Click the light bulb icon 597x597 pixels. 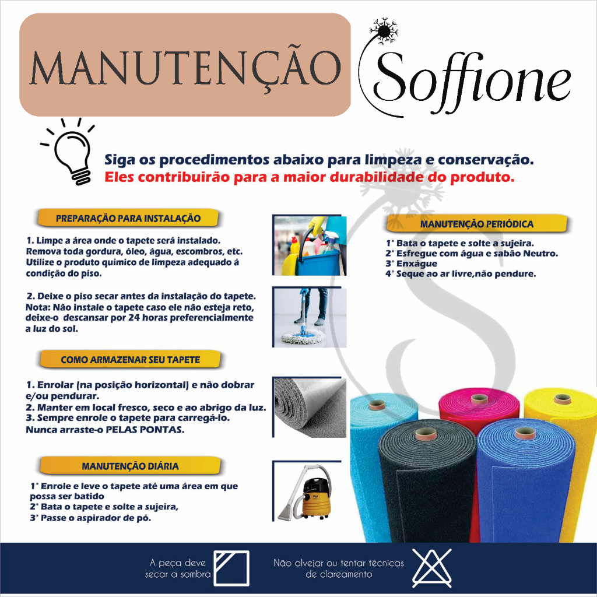(x=69, y=152)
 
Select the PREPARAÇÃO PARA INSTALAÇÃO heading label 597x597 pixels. (x=128, y=218)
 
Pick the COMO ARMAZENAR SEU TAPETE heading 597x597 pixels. (x=130, y=360)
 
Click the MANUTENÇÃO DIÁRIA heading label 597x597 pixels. (x=130, y=466)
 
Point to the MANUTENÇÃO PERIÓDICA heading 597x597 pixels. (x=477, y=224)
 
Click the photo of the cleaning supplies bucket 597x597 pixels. (x=310, y=245)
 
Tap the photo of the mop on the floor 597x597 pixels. (x=310, y=317)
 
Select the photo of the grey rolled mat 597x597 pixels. (x=310, y=407)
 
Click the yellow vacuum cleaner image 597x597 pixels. (x=310, y=491)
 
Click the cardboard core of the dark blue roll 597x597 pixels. (x=525, y=433)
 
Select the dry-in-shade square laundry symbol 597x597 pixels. (x=231, y=568)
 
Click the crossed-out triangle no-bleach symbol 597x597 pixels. (x=432, y=568)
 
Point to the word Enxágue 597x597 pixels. (x=417, y=264)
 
